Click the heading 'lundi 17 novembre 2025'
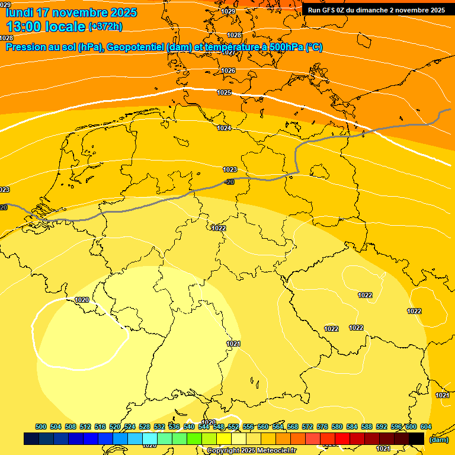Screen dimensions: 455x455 [x=71, y=12]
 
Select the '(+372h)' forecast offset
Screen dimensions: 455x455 [x=105, y=27]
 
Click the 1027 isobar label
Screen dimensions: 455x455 [x=228, y=52]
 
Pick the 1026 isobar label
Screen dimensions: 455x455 [x=228, y=71]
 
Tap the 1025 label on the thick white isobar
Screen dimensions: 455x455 [x=224, y=93]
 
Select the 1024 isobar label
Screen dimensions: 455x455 [x=224, y=129]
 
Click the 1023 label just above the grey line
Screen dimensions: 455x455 [x=230, y=169]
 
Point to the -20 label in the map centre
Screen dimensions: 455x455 [x=229, y=182]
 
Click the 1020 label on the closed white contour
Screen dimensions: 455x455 [x=82, y=300]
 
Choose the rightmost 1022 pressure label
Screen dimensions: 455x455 [x=414, y=311]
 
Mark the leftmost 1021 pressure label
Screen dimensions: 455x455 [x=233, y=344]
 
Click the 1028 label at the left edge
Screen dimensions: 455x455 [x=6, y=38]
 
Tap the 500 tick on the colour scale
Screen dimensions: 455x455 [x=41, y=427]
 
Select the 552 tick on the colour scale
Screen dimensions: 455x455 [x=233, y=427]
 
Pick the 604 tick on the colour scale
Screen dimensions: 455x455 [x=425, y=427]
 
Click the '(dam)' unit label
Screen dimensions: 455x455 [x=438, y=440]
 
